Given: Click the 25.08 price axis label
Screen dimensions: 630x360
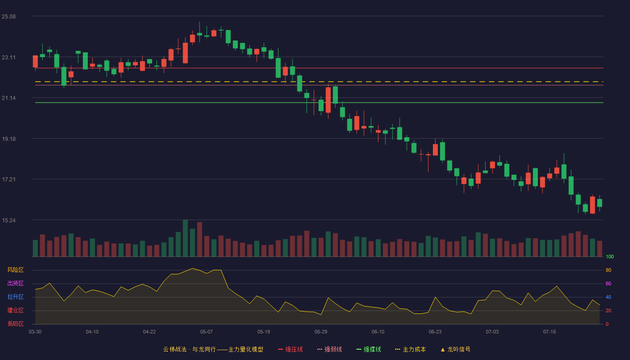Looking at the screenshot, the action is pyautogui.click(x=9, y=17).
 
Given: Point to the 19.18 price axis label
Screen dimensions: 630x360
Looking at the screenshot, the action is pyautogui.click(x=9, y=139).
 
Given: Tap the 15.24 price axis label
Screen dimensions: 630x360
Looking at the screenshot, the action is pyautogui.click(x=9, y=220).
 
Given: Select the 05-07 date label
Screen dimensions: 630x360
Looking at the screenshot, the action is pyautogui.click(x=207, y=332).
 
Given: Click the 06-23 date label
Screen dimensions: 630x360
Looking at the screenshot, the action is pyautogui.click(x=435, y=332).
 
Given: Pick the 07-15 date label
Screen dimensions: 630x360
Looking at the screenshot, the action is pyautogui.click(x=549, y=332).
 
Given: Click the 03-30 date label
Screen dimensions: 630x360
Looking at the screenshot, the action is pyautogui.click(x=35, y=332).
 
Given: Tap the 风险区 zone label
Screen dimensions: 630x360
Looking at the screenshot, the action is pyautogui.click(x=15, y=270).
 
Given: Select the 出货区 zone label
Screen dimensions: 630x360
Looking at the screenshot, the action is pyautogui.click(x=15, y=283).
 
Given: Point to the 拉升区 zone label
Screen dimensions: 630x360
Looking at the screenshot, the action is pyautogui.click(x=15, y=297).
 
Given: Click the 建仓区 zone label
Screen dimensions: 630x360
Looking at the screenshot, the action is pyautogui.click(x=15, y=310).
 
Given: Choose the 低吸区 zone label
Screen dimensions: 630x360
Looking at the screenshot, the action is pyautogui.click(x=15, y=324).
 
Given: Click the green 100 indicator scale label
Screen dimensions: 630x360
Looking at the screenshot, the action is pyautogui.click(x=610, y=256).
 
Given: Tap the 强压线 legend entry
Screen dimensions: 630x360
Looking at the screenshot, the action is pyautogui.click(x=290, y=349).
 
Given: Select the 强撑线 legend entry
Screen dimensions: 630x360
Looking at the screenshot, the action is pyautogui.click(x=369, y=349).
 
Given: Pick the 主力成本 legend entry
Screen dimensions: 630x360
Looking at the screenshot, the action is pyautogui.click(x=410, y=349).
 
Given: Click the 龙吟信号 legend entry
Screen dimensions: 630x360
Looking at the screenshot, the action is pyautogui.click(x=455, y=349).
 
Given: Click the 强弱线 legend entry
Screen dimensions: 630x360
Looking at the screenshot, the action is pyautogui.click(x=329, y=349).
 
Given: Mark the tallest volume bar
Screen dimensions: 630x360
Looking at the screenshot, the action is pyautogui.click(x=185, y=238).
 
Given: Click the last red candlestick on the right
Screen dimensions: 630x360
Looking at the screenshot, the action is pyautogui.click(x=592, y=205).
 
